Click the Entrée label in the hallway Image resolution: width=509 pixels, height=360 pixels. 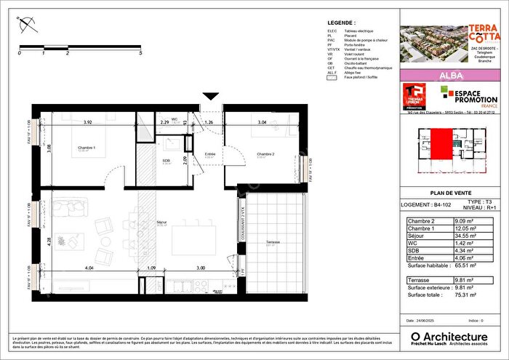210,153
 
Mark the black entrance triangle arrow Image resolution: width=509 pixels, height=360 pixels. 211,95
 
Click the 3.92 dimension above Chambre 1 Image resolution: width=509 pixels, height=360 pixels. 87,123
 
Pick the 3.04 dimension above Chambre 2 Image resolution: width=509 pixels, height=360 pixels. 261,123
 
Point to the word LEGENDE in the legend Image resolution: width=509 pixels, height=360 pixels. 342,23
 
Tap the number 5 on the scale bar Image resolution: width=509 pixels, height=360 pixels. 140,53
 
